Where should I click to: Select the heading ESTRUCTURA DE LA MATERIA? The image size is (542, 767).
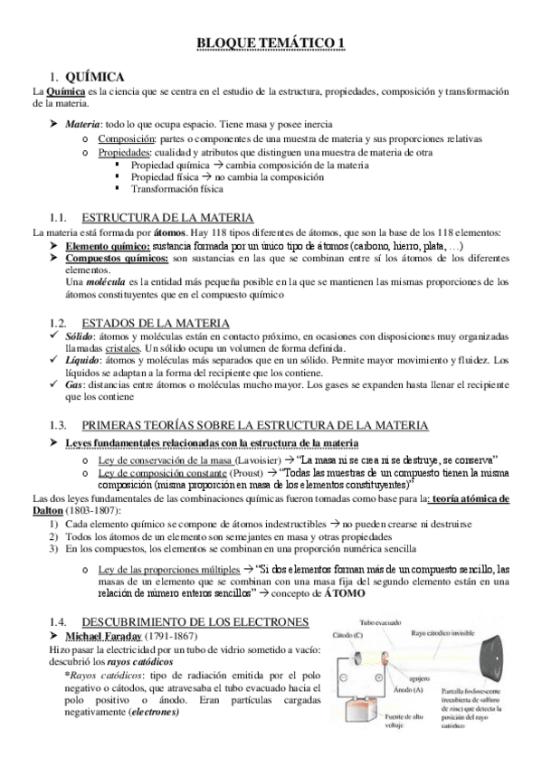(x=167, y=218)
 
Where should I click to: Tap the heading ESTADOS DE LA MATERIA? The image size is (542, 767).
(x=156, y=324)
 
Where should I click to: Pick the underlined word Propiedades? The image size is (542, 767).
(x=126, y=152)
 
